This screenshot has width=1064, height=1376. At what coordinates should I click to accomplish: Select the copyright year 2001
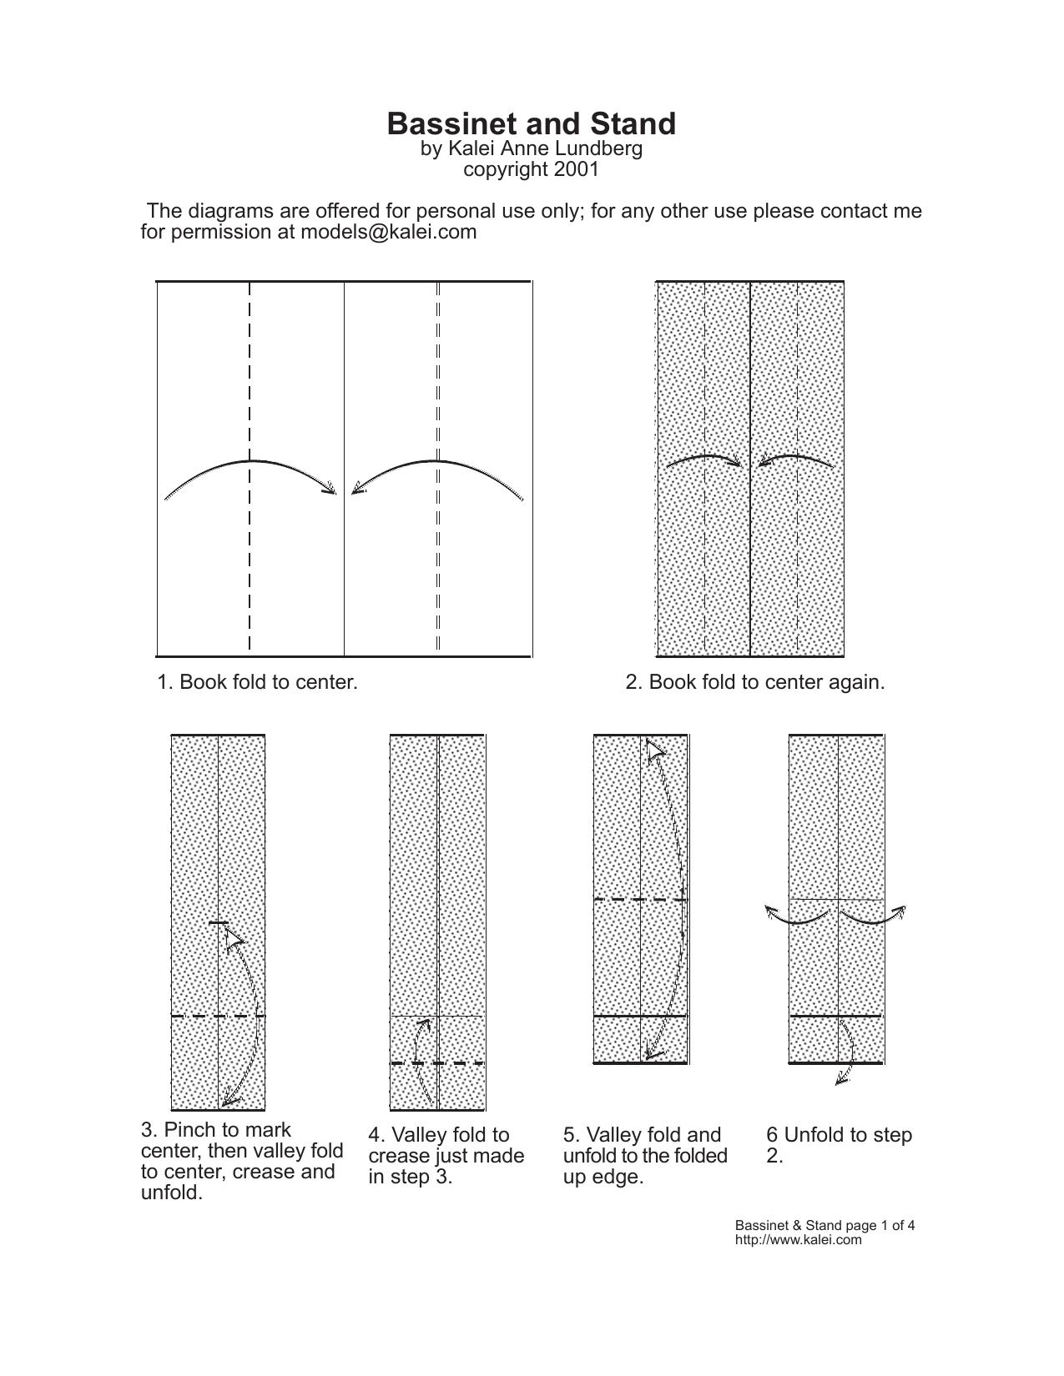576,169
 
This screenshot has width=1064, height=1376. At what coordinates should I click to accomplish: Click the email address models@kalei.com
389,232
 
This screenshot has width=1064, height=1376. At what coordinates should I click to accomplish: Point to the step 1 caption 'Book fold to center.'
269,682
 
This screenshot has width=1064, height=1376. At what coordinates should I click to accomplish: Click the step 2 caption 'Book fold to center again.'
767,682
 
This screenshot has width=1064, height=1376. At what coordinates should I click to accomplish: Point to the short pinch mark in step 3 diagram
218,923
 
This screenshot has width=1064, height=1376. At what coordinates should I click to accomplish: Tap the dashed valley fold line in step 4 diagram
437,1063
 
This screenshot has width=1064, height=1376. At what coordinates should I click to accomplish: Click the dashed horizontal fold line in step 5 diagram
640,900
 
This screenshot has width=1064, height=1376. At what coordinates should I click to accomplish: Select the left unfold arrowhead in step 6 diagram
771,912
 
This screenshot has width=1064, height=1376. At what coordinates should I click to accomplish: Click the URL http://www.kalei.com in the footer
799,1240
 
